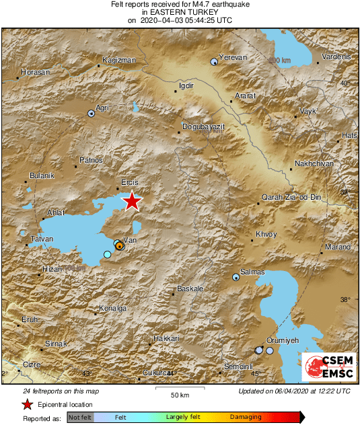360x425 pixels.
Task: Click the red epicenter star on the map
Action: pyautogui.click(x=132, y=201)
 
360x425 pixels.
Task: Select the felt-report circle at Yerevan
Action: pyautogui.click(x=214, y=61)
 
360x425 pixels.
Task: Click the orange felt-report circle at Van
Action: pyautogui.click(x=119, y=246)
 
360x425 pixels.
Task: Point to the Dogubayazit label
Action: pyautogui.click(x=203, y=126)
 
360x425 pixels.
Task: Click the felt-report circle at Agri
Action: pyautogui.click(x=91, y=114)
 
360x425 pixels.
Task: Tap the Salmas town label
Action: pyautogui.click(x=253, y=272)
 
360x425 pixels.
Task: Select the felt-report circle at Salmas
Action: pyautogui.click(x=236, y=276)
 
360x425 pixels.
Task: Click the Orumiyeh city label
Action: pyautogui.click(x=282, y=341)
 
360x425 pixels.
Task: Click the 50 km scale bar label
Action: pyautogui.click(x=179, y=394)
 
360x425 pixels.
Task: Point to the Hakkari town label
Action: pyautogui.click(x=166, y=338)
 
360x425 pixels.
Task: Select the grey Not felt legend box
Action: pyautogui.click(x=80, y=418)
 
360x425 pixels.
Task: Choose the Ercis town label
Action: pyautogui.click(x=129, y=183)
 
